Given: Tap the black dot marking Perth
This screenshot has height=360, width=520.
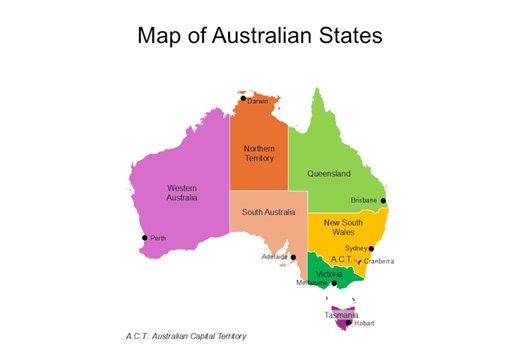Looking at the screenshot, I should (x=145, y=237).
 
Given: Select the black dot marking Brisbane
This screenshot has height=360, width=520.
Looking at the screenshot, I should (x=384, y=201).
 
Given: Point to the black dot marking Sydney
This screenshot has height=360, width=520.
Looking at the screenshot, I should (x=372, y=248).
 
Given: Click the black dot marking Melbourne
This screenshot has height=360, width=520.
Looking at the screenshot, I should (x=334, y=283).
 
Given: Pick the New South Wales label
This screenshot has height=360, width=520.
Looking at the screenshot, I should (x=343, y=226).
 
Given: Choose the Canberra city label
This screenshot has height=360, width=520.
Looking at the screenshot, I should (x=379, y=261).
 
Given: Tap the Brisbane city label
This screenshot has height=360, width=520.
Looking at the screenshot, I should (x=364, y=201).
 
